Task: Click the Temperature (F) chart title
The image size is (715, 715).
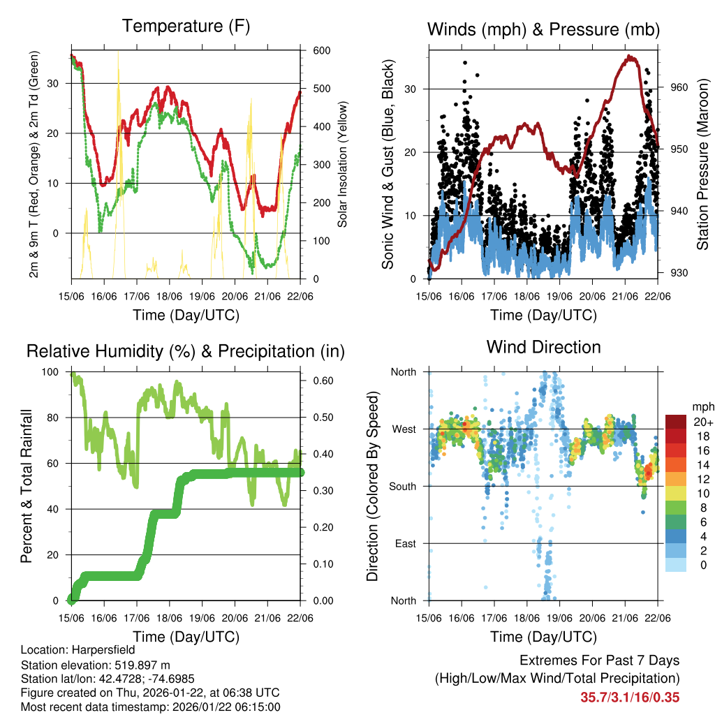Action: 186,27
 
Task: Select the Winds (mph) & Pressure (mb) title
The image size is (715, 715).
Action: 543,29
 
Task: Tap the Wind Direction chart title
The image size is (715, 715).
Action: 543,347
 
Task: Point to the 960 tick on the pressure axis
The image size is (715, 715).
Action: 679,88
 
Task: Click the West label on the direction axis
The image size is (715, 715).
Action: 404,429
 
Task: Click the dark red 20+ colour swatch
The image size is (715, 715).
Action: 676,422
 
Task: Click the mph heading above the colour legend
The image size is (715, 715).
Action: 701,406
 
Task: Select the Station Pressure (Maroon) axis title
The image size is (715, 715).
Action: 703,165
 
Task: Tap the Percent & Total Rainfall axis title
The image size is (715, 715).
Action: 27,486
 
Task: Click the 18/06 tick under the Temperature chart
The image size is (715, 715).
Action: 169,297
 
